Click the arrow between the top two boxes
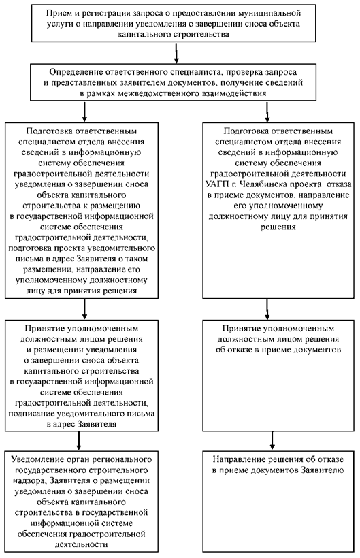pos(176,52)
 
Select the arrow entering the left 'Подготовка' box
pos(84,112)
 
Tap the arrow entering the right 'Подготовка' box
pos(267,112)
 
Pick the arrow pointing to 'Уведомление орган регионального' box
pos(79,440)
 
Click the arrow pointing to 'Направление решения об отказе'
pos(272,440)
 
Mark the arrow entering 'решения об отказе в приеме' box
pos(267,309)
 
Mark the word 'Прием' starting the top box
pos(56,14)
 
